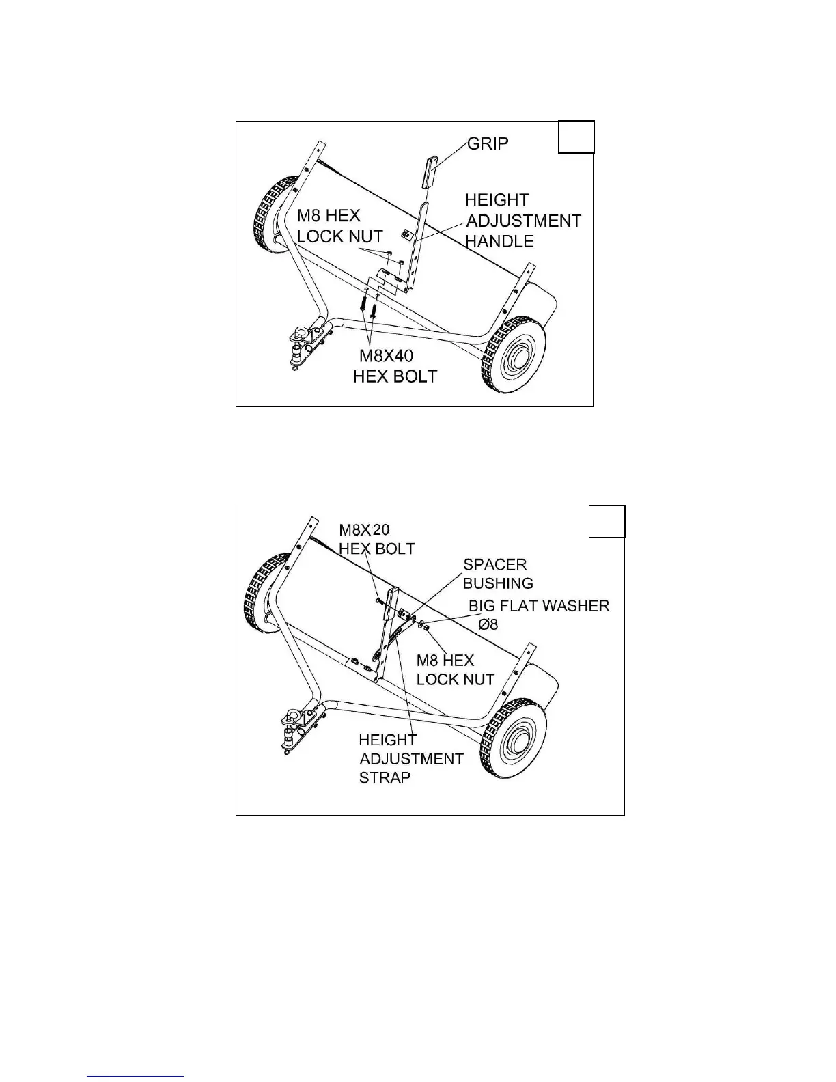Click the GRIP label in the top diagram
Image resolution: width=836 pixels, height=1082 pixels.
488,144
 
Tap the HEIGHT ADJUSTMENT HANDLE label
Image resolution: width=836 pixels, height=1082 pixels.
522,220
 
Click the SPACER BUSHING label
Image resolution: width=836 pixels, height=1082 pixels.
498,574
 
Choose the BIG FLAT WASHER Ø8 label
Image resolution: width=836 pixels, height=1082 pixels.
538,614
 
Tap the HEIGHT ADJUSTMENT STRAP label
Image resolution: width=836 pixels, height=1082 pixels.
411,758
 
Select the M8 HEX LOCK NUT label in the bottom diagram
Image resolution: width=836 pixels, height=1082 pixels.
455,670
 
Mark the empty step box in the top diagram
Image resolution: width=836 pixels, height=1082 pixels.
576,137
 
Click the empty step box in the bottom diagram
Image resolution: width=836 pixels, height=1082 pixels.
607,522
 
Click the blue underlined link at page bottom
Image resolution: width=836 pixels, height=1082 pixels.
136,1077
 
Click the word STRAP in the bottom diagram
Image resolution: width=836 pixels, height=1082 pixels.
385,777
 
